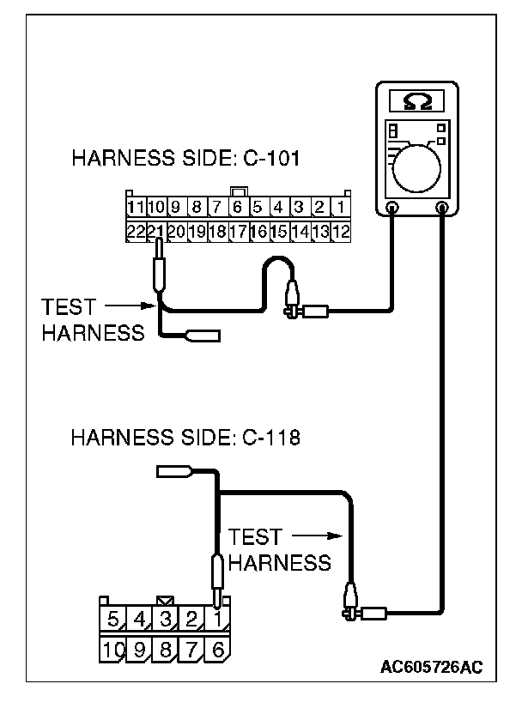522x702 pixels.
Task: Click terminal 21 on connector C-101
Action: (x=155, y=231)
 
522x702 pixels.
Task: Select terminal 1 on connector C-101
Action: (x=340, y=207)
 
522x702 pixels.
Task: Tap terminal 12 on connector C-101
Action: (x=340, y=231)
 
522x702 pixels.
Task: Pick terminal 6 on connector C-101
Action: (x=236, y=207)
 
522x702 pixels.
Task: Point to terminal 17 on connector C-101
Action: (x=238, y=231)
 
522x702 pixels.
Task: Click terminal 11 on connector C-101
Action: (x=135, y=207)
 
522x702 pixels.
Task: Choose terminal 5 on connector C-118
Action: (x=114, y=619)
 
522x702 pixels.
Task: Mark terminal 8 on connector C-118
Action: (x=166, y=650)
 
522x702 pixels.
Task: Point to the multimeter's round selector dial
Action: (x=418, y=163)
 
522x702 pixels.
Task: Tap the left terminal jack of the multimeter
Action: (x=391, y=207)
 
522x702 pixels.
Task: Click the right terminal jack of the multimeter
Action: (x=443, y=207)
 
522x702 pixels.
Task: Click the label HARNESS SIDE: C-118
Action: (x=185, y=439)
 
